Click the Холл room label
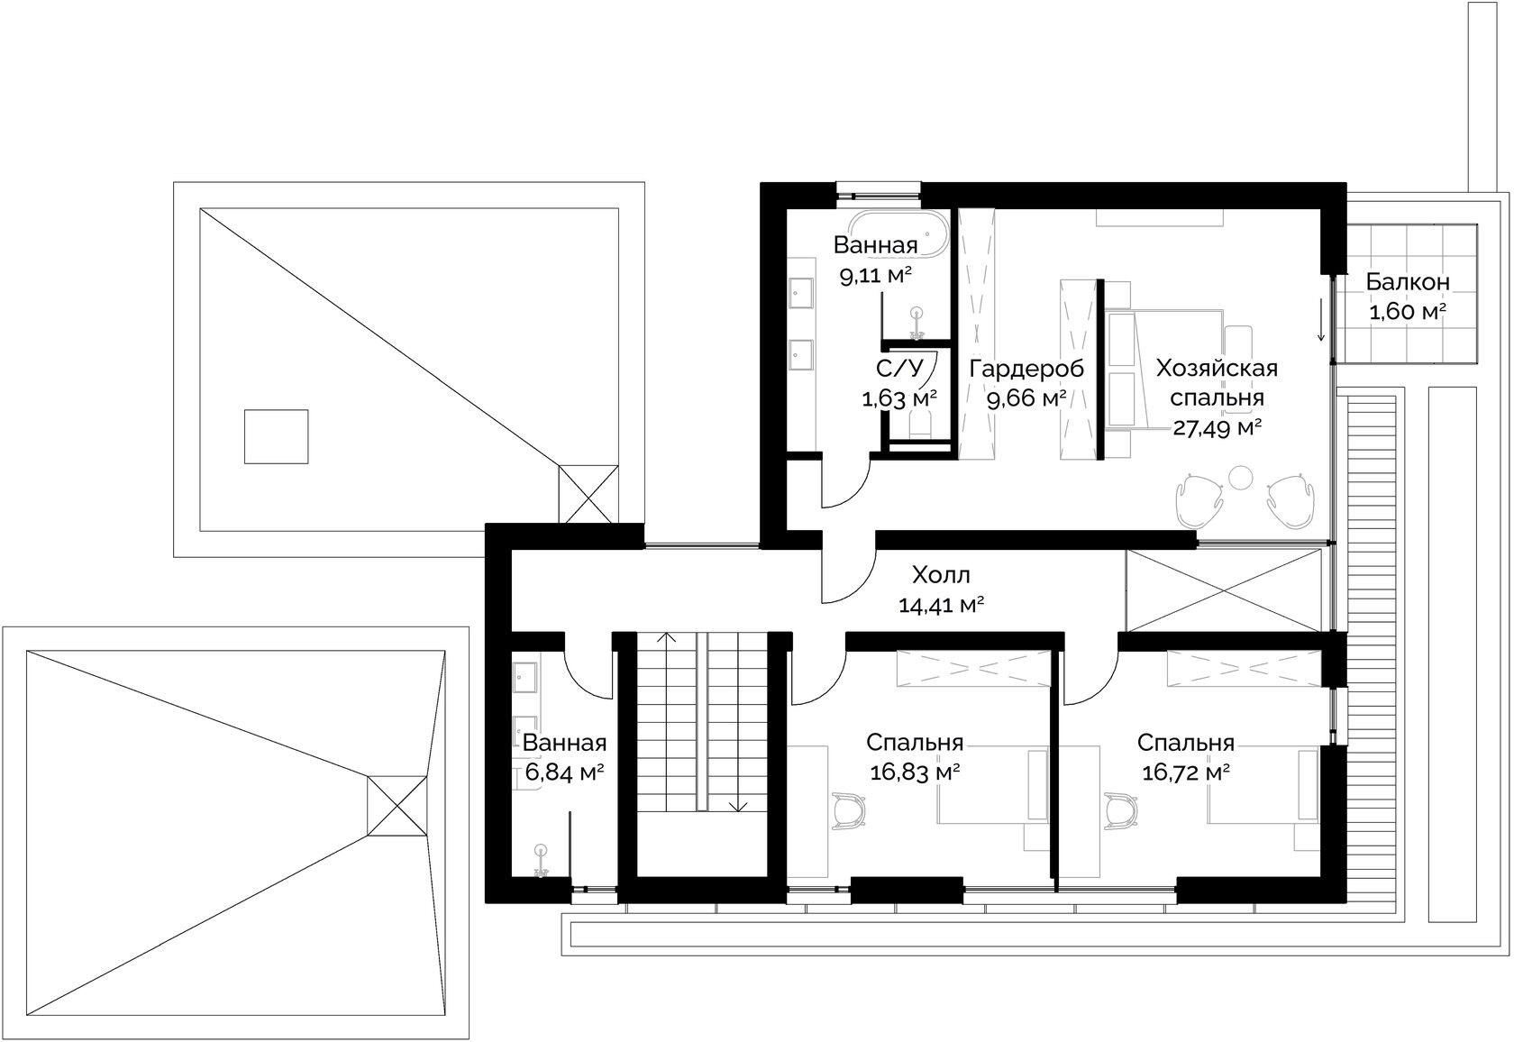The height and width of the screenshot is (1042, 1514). (941, 575)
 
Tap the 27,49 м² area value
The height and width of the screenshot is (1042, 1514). (1218, 428)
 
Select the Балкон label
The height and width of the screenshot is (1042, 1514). (1408, 282)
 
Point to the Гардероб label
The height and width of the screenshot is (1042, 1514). (1026, 370)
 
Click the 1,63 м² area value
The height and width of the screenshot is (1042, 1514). (899, 398)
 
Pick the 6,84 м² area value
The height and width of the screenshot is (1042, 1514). (564, 772)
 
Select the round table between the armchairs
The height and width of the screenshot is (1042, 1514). (1241, 478)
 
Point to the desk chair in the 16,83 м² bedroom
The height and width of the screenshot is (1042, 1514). (851, 810)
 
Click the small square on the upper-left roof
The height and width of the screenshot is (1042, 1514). (276, 436)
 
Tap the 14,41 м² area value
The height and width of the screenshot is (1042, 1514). (941, 605)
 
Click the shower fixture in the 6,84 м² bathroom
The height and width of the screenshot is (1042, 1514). (540, 861)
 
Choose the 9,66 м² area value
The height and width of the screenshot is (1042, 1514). (1026, 399)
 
